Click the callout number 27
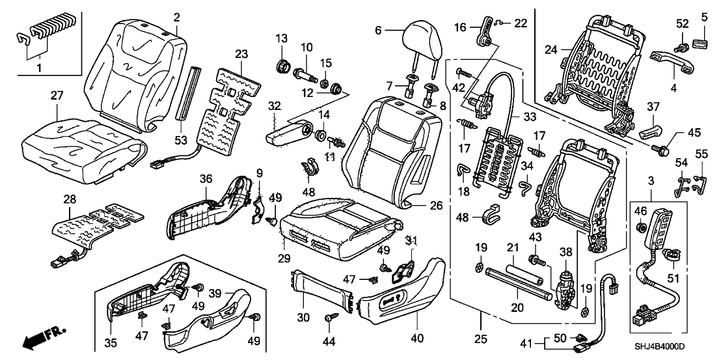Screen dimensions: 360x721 click(58, 96)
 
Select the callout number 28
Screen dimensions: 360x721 click(69, 197)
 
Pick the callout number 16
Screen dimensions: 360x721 click(459, 27)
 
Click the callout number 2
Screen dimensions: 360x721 click(176, 16)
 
